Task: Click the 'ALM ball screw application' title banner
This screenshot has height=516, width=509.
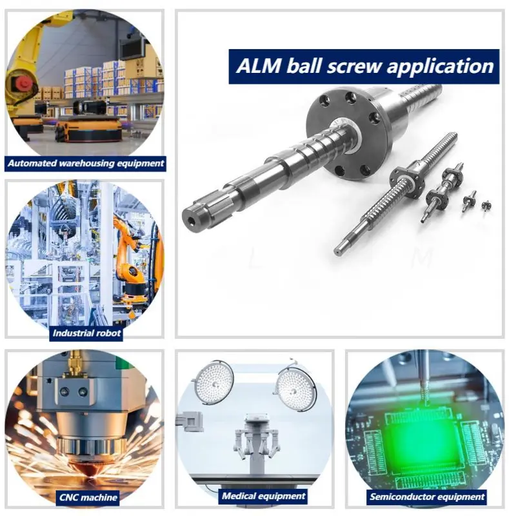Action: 364,66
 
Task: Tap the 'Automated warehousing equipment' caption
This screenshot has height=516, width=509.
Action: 86,163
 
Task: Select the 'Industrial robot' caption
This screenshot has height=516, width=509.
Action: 86,333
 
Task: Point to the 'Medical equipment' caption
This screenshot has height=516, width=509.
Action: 263,496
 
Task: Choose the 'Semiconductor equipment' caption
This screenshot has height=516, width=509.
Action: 426,497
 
